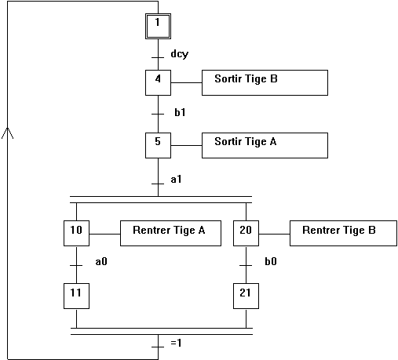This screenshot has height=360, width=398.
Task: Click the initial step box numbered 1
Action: pos(158,26)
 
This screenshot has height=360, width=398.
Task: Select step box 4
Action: pos(158,82)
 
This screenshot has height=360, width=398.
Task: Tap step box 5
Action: pos(158,145)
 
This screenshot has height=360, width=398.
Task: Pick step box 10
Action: pos(76,233)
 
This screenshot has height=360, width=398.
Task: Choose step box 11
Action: pos(76,296)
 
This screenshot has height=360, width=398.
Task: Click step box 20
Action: pos(246,233)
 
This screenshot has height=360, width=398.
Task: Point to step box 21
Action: pos(246,296)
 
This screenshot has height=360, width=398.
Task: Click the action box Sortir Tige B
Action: pos(265,82)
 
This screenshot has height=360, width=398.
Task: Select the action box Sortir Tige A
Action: pos(265,145)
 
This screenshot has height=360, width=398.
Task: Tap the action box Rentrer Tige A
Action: pos(170,233)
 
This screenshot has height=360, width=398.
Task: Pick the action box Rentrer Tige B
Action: pos(343,233)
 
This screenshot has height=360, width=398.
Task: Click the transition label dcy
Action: pos(180,54)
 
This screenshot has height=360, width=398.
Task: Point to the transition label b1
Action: pos(180,112)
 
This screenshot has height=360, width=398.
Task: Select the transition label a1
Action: pos(176,180)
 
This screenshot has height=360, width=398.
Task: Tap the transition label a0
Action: pos(101,261)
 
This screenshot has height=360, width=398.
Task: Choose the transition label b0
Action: pos(271,261)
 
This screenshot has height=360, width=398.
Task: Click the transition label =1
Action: pos(176,343)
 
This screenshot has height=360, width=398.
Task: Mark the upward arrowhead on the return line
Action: pos(8,133)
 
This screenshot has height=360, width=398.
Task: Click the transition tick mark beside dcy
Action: pos(158,57)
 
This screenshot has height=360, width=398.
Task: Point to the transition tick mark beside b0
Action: pos(246,266)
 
